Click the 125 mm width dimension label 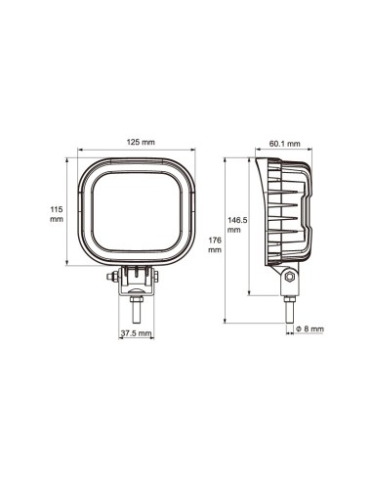point(141,143)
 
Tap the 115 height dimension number point(56,208)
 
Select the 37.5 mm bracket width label point(136,333)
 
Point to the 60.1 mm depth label point(283,143)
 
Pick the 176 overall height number point(214,238)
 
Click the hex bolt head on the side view point(289,280)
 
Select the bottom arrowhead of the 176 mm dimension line point(227,321)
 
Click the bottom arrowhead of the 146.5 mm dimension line point(248,293)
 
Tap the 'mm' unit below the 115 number point(56,220)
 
